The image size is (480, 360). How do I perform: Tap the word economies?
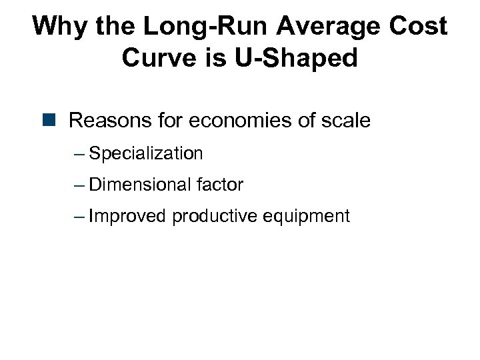coord(245,121)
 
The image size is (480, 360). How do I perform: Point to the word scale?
coord(343,121)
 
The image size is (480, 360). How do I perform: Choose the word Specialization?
coord(145,153)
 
